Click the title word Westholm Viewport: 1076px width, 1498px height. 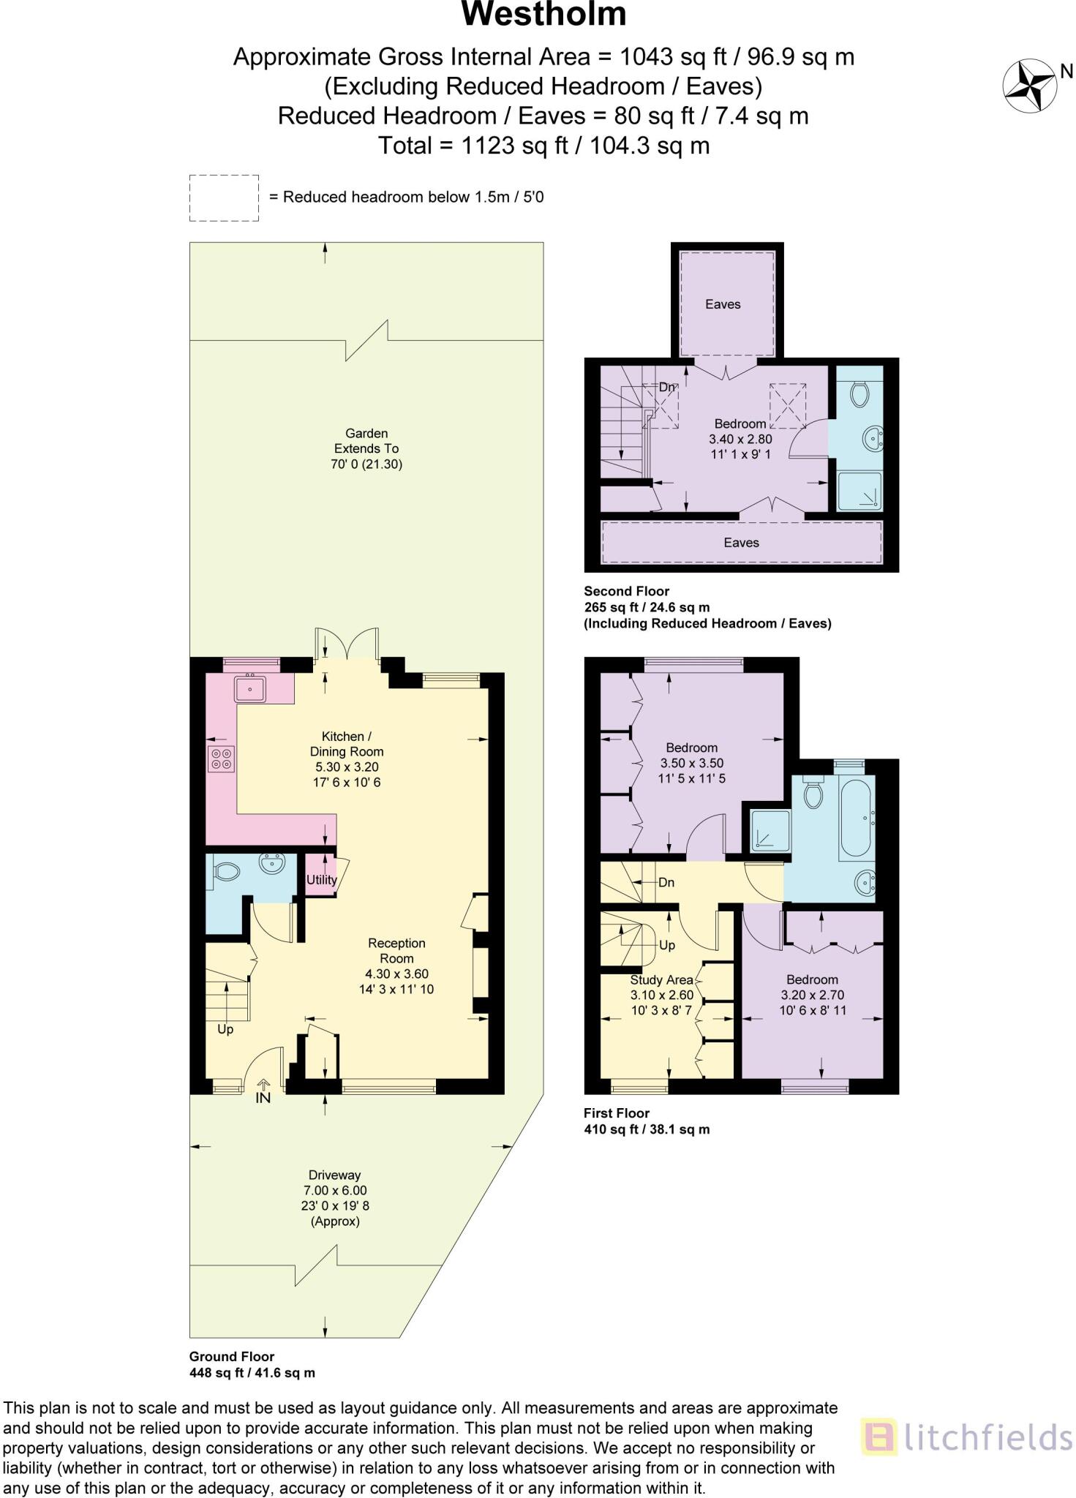543,15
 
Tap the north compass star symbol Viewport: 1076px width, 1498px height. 1028,86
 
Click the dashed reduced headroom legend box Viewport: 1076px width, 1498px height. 224,197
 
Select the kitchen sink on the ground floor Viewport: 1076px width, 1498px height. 250,688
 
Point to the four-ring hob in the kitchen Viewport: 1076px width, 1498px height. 221,759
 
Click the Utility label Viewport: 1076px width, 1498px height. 321,880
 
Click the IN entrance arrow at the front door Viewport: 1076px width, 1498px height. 263,1093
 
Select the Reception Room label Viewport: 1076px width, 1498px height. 397,951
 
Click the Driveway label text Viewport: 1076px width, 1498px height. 335,1175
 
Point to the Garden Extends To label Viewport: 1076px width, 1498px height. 366,441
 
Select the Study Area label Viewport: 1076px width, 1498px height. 661,979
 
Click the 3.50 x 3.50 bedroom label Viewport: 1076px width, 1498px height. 691,763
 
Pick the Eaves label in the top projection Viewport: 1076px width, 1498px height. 723,304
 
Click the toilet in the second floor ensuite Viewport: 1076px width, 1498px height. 859,396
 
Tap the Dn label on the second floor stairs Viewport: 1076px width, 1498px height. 666,387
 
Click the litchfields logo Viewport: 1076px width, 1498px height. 966,1437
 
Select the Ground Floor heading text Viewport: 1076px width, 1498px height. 232,1356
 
